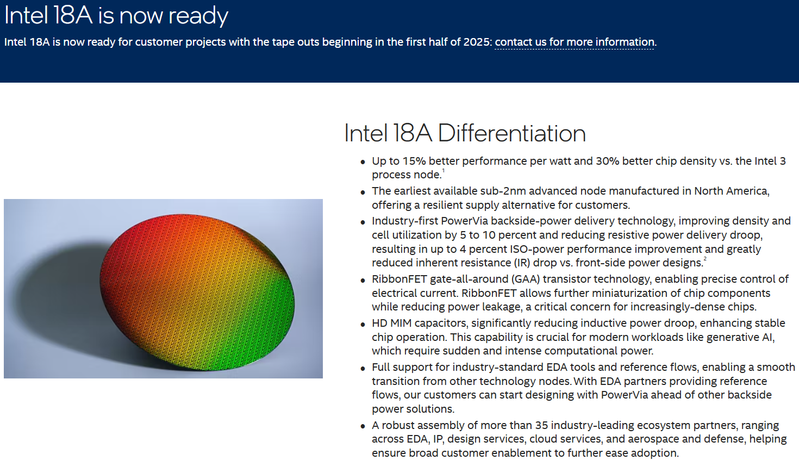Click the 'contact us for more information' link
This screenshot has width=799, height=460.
575,42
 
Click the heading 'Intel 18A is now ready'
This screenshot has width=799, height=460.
116,16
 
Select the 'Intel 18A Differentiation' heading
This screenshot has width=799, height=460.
465,133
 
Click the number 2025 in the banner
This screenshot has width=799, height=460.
477,42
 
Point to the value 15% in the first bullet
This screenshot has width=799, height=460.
414,161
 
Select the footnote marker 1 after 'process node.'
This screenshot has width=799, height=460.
444,171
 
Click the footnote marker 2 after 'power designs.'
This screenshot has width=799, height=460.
705,259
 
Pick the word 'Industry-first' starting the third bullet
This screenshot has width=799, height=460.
405,221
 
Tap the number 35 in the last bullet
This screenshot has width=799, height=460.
541,425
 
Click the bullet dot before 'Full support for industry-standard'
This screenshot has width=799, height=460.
363,368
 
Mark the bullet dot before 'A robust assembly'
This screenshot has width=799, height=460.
363,426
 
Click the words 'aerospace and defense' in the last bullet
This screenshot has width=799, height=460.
685,439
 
